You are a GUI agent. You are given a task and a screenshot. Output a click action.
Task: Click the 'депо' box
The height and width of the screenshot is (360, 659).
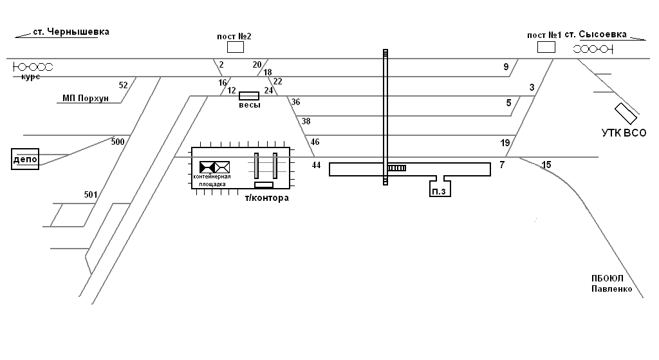click(x=25, y=159)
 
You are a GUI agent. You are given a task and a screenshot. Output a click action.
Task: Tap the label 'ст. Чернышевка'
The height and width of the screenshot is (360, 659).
click(x=71, y=32)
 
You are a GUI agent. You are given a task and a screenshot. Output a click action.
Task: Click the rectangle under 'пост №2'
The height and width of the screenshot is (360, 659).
click(x=235, y=47)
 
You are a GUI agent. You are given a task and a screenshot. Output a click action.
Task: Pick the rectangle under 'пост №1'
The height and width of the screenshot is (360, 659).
click(x=546, y=47)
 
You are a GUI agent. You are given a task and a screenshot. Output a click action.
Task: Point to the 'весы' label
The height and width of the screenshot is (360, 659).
click(x=249, y=105)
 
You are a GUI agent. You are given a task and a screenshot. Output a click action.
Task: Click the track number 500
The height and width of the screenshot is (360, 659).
click(x=118, y=142)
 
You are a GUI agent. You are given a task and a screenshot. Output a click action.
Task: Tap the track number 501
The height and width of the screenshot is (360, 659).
click(x=91, y=194)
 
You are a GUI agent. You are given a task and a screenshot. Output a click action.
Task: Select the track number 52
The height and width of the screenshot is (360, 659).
click(x=124, y=85)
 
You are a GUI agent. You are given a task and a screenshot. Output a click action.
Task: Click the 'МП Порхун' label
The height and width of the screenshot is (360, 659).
click(x=86, y=99)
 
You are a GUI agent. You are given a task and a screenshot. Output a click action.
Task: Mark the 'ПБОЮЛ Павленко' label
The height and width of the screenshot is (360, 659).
click(x=611, y=284)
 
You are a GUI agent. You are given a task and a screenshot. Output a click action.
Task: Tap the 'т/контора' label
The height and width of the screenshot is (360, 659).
click(x=266, y=198)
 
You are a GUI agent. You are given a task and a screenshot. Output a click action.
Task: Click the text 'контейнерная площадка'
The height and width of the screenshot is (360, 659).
click(x=212, y=180)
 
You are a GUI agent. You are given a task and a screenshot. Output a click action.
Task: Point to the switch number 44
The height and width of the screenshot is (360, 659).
click(x=316, y=166)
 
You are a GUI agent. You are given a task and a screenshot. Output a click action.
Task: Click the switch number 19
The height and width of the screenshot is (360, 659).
click(x=505, y=142)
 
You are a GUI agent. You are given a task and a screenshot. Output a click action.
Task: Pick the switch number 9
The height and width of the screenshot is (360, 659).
click(x=506, y=67)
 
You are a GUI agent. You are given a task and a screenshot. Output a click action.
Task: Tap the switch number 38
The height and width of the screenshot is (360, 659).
click(x=306, y=121)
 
